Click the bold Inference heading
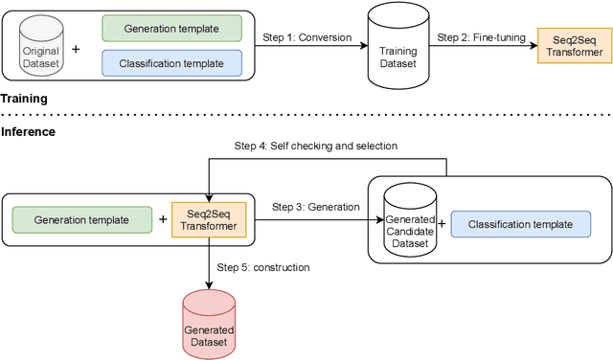28,131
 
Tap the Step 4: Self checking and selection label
315,146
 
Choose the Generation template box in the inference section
81,219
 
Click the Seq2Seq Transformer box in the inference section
209,219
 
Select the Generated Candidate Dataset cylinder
410,226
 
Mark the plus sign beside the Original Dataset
78,46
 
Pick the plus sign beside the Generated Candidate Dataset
441,225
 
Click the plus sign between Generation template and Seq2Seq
161,219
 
